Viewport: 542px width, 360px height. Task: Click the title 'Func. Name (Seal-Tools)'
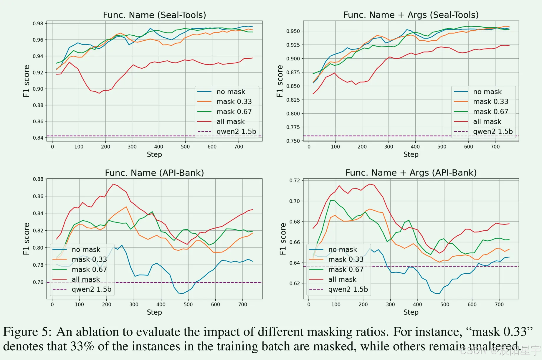154,15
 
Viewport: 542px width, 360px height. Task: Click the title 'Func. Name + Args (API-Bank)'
411,173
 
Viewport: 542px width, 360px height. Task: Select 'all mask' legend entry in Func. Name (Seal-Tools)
230,121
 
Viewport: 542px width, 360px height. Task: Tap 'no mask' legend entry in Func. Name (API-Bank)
86,250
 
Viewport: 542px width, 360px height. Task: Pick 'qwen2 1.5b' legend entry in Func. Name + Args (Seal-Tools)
493,131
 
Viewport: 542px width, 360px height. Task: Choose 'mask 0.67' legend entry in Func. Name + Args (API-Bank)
346,270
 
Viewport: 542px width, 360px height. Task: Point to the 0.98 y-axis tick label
38,24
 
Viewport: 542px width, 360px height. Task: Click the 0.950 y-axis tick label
293,31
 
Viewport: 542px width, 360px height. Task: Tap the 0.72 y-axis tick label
295,180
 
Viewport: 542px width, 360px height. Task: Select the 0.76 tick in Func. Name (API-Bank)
38,282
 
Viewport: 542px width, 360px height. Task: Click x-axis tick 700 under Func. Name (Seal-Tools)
239,147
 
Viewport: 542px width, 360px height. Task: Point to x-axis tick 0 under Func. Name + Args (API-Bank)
309,305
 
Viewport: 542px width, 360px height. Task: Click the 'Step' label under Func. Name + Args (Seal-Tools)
411,154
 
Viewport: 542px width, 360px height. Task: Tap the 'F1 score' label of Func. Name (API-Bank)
27,239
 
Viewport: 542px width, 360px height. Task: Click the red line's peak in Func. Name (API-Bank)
113,184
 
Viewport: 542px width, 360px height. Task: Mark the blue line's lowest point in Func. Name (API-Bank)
183,294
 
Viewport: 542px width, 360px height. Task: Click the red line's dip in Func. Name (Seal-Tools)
99,93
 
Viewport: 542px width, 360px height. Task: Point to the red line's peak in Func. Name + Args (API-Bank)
370,184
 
